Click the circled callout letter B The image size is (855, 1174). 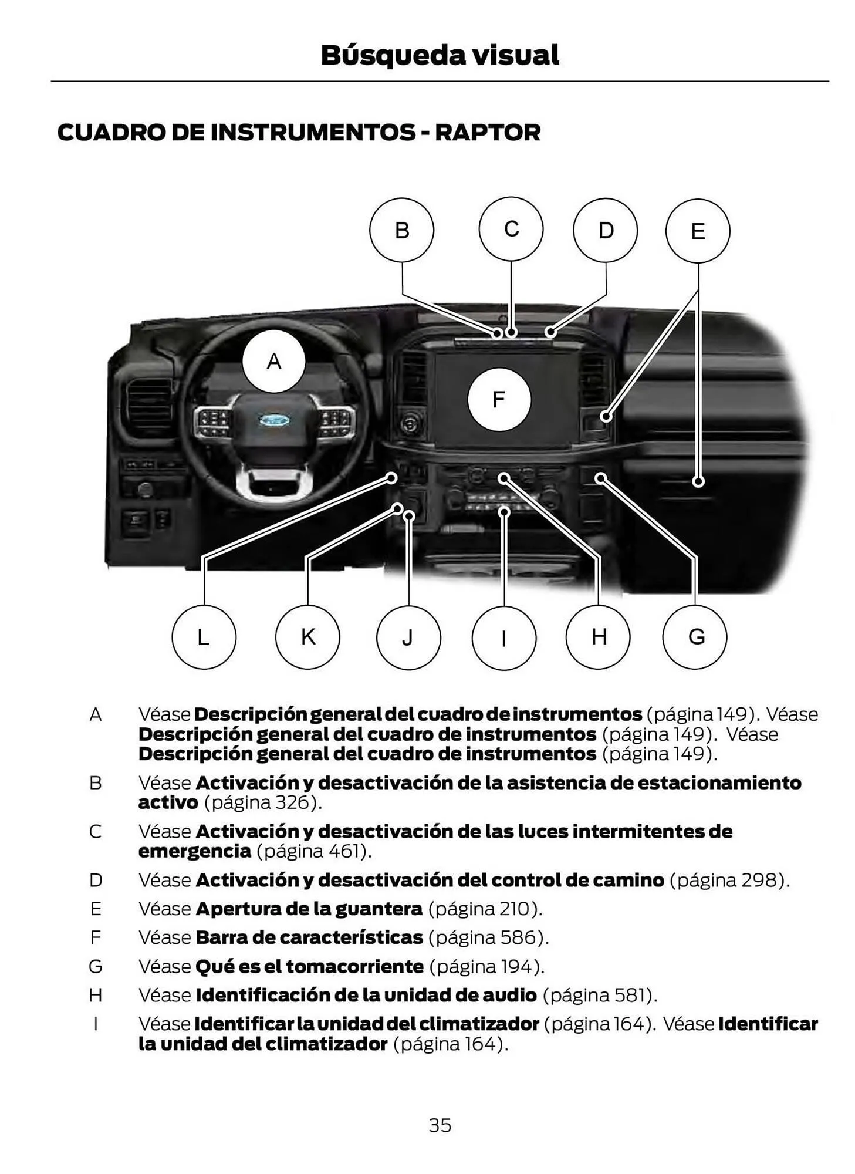[401, 230]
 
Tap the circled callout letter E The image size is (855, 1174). [698, 231]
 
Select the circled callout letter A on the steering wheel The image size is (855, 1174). [273, 361]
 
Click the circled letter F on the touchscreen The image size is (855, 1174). [499, 400]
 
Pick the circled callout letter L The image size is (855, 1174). [204, 637]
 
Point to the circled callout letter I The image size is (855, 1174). [504, 638]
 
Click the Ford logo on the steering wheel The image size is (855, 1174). [274, 420]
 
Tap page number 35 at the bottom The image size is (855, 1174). [440, 1125]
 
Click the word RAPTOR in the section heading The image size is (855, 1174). [487, 133]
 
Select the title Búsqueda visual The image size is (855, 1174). [440, 55]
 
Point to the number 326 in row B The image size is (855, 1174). [292, 802]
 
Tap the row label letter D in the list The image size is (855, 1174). [96, 880]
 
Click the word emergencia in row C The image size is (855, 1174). [194, 851]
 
